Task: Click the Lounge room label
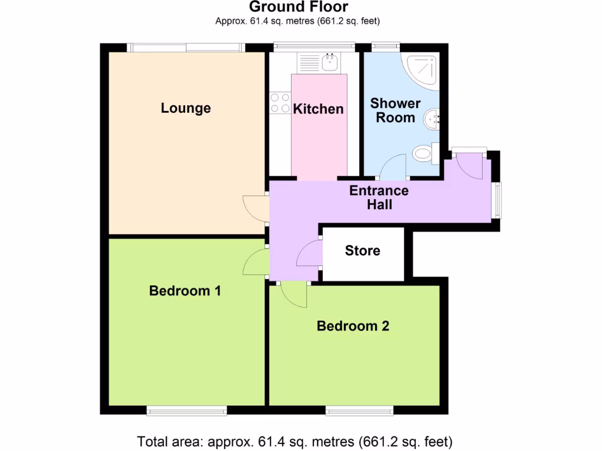(x=186, y=108)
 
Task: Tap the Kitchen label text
(x=318, y=109)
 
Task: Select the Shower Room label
(x=395, y=110)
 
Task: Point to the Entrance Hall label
(x=379, y=198)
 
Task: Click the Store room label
(x=362, y=251)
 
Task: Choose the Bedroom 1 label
(x=185, y=291)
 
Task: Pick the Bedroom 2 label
(x=353, y=326)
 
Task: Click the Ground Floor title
(x=298, y=7)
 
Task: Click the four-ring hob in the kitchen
(x=279, y=104)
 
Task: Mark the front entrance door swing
(x=469, y=166)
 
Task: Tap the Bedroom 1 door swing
(x=255, y=262)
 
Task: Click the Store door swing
(x=309, y=254)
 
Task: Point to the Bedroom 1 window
(x=186, y=410)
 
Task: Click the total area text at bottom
(x=295, y=441)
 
